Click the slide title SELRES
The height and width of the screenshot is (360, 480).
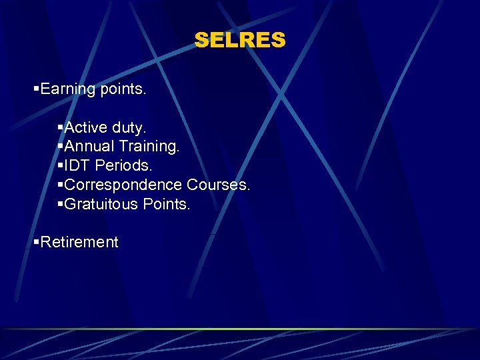click(240, 41)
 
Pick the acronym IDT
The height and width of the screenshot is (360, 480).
click(76, 165)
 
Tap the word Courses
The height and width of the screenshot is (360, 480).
click(219, 184)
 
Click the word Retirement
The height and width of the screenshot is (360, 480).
click(79, 242)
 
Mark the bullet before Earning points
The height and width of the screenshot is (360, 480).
click(37, 89)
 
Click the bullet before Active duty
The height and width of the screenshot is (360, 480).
click(61, 127)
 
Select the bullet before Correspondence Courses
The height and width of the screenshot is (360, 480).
click(61, 185)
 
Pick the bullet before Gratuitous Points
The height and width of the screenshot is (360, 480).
click(61, 204)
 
